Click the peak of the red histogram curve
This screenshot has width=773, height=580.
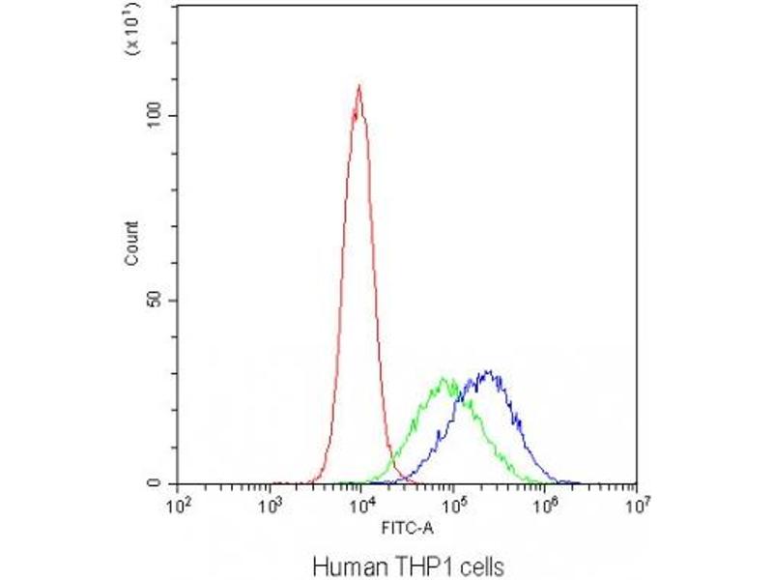359,86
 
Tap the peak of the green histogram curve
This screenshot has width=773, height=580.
445,378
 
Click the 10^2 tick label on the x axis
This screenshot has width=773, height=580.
178,504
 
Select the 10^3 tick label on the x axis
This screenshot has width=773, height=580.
272,504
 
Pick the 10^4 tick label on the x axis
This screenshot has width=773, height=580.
362,504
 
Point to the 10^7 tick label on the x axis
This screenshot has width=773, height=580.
637,504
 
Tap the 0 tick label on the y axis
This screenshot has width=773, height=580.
165,483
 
